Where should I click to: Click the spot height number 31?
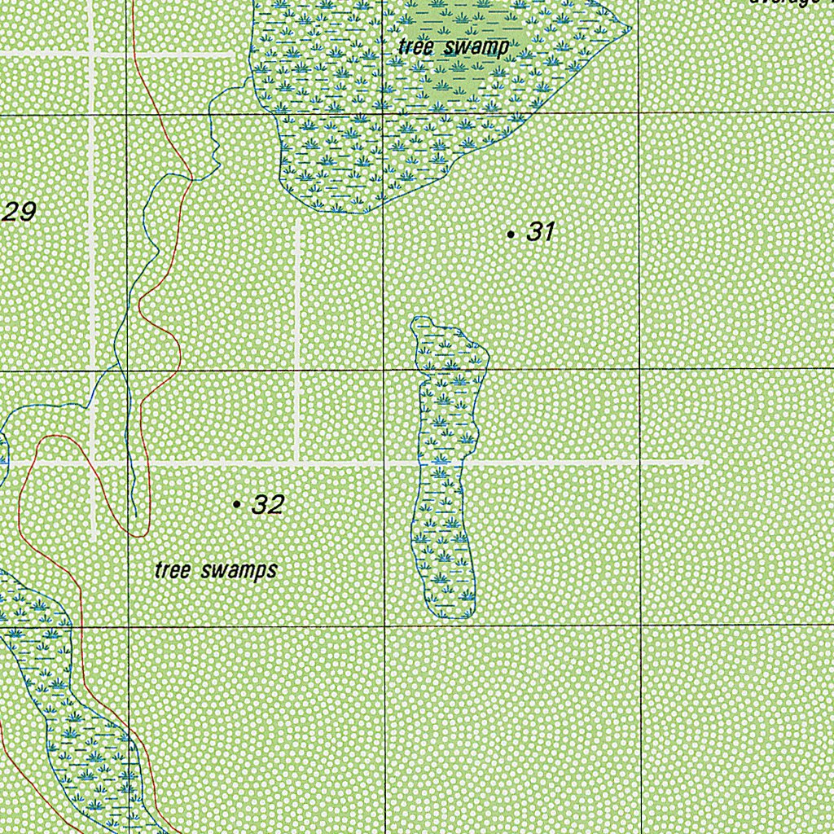click(540, 232)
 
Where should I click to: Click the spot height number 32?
click(267, 505)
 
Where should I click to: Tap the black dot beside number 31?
click(511, 235)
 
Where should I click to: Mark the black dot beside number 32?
click(237, 506)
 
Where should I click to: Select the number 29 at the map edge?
click(19, 213)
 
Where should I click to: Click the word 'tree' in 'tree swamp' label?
click(414, 47)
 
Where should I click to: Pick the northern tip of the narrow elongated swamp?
click(421, 318)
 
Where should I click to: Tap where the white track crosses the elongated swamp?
click(441, 463)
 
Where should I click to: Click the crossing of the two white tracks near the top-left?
click(92, 54)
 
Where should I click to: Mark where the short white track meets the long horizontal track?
click(297, 463)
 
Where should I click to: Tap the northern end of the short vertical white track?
click(297, 224)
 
